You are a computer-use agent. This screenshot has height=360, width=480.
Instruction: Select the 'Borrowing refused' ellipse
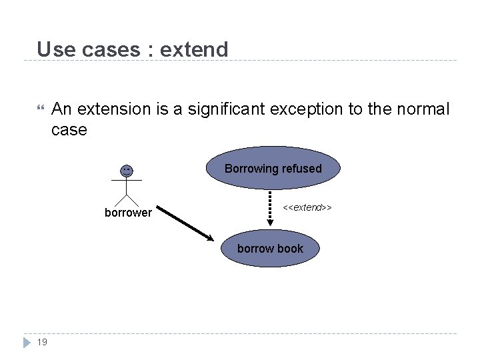click(273, 169)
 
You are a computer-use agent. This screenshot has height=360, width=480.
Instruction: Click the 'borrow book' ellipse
click(270, 249)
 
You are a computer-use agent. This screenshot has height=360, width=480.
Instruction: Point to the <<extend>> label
click(307, 208)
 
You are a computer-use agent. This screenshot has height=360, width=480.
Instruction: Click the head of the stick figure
click(126, 171)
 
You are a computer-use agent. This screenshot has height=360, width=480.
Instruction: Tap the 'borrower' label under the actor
click(128, 213)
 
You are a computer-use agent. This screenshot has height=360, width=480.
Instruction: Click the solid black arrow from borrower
click(187, 226)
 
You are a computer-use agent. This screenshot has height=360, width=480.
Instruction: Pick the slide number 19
click(41, 342)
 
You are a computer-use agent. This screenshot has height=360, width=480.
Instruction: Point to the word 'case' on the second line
click(69, 129)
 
